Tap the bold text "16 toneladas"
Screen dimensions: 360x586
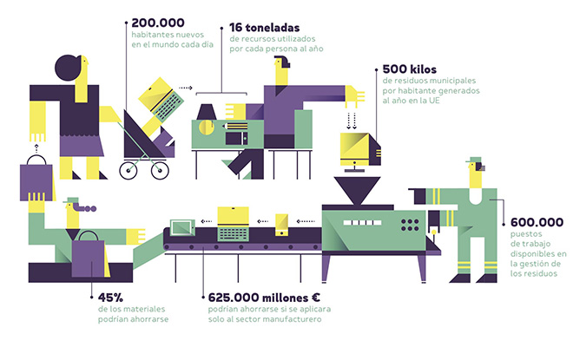pos(267,27)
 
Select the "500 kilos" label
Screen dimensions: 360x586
pos(410,68)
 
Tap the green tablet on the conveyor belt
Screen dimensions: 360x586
pos(181,228)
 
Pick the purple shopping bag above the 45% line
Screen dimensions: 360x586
pos(89,257)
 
